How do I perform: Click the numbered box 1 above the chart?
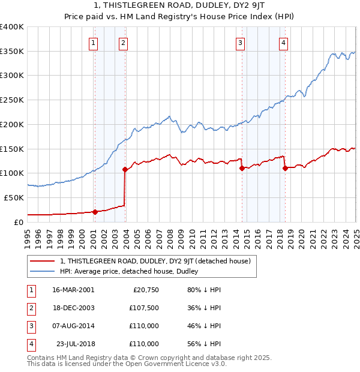[x=94, y=42]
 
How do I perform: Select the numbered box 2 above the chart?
[x=123, y=42]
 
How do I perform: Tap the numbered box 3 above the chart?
[x=240, y=42]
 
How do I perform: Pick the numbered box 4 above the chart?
[x=283, y=42]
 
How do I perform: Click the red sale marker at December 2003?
[x=125, y=169]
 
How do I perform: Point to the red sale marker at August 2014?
[x=242, y=168]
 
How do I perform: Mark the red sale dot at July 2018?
[x=285, y=168]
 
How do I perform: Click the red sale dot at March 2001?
[x=95, y=212]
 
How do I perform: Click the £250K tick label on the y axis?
[x=12, y=100]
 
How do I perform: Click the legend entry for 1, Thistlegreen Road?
[x=158, y=261]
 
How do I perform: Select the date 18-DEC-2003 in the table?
[x=73, y=308]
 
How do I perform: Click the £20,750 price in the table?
[x=145, y=290]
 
